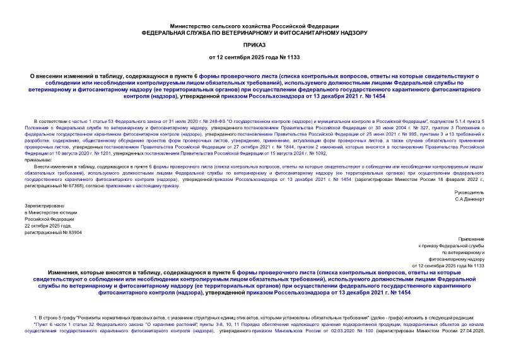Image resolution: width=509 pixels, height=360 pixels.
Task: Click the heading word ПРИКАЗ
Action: (254, 45)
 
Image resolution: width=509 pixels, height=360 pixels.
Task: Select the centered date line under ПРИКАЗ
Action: (254, 59)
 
